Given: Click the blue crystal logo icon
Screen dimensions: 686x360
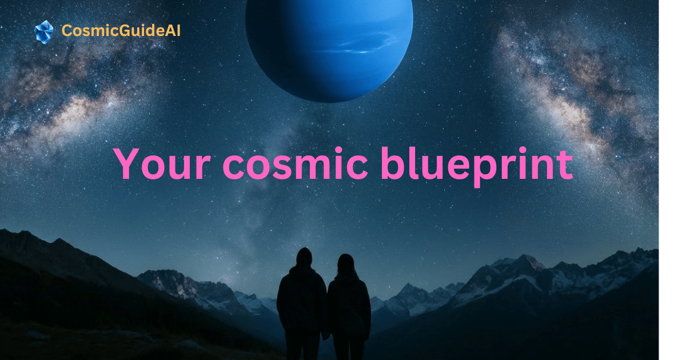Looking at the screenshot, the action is click(x=44, y=32).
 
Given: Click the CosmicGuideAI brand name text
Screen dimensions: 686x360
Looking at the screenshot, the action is click(x=121, y=31).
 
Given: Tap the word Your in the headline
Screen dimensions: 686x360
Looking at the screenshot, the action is click(x=162, y=163).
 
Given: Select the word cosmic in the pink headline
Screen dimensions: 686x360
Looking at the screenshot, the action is click(x=295, y=163).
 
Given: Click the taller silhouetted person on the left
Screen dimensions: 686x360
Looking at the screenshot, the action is click(x=302, y=303).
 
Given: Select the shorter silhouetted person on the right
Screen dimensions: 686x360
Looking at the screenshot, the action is click(x=349, y=307).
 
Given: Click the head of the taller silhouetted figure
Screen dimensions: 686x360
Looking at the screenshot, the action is click(x=304, y=257).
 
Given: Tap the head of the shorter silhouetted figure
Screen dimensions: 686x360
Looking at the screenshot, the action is click(x=346, y=263).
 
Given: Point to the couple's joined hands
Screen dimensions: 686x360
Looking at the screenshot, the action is click(x=326, y=336).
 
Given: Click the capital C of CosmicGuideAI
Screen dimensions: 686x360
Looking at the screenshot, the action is click(x=67, y=31).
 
